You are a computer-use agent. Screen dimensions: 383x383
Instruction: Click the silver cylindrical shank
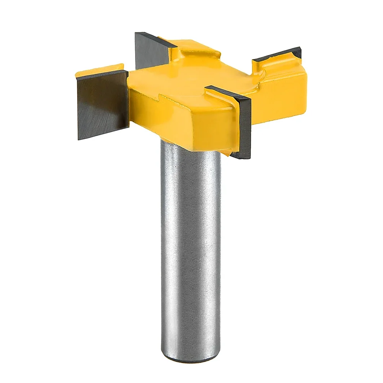coord(191,249)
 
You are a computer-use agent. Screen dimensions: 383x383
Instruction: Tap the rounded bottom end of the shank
coord(191,358)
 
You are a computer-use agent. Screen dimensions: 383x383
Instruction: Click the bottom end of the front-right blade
coord(242,156)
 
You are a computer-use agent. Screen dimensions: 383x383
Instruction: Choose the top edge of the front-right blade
coord(228,92)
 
